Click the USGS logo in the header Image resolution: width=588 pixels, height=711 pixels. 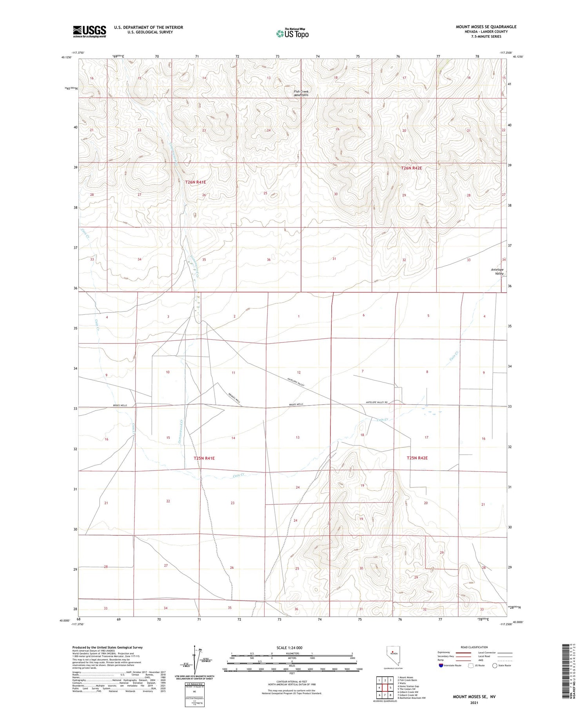pyautogui.click(x=89, y=31)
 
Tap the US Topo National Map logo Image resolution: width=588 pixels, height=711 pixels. pyautogui.click(x=292, y=33)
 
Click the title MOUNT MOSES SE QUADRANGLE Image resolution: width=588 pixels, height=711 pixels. pyautogui.click(x=486, y=27)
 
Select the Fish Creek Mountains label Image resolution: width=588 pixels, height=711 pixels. pyautogui.click(x=301, y=93)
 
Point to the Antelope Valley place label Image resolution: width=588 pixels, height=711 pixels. pyautogui.click(x=497, y=271)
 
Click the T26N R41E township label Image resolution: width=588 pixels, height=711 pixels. pyautogui.click(x=195, y=182)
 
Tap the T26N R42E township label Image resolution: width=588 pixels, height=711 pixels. pyautogui.click(x=411, y=168)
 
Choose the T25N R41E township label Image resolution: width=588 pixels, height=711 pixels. pyautogui.click(x=204, y=458)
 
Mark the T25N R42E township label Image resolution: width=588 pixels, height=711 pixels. pyautogui.click(x=417, y=458)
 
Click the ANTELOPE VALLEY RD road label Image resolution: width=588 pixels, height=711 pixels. pyautogui.click(x=379, y=402)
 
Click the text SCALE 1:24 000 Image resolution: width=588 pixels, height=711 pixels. pyautogui.click(x=289, y=647)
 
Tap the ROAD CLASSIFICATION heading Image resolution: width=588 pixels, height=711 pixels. pyautogui.click(x=474, y=647)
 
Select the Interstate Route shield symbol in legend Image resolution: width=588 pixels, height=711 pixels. pyautogui.click(x=441, y=666)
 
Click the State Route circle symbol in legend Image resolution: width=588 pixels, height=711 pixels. pyautogui.click(x=495, y=666)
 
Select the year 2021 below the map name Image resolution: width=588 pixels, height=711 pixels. pyautogui.click(x=474, y=702)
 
